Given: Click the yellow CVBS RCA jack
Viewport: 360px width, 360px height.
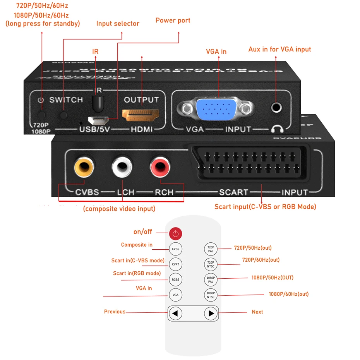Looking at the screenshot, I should pos(84,168).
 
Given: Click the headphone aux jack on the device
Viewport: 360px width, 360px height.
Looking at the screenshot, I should pos(276,107).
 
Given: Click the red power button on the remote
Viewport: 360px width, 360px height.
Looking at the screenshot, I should pos(175,233).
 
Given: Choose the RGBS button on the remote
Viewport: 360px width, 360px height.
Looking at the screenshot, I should pos(175,279).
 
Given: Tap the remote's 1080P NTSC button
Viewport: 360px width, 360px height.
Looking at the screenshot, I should pos(211,295).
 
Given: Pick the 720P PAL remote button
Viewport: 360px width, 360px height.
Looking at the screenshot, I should pos(211,249).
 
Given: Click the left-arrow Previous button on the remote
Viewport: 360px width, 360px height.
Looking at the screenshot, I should pos(175,313).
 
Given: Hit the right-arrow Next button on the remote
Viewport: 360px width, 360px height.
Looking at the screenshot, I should pos(211,313).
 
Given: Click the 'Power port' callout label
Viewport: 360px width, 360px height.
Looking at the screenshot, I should pos(173,20).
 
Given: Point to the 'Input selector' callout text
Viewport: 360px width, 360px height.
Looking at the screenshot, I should pos(118,24).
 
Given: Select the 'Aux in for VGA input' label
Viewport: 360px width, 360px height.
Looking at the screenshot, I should pos(279,49).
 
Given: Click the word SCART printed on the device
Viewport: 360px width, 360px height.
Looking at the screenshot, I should pos(233,192).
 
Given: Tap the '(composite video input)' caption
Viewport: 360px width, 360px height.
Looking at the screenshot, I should pos(119,209).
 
